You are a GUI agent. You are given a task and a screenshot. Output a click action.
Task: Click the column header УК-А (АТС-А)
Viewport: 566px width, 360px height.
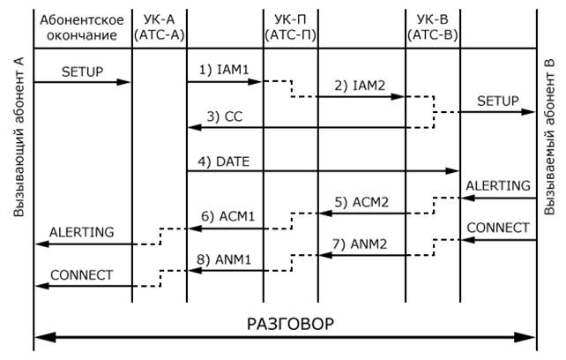[x=159, y=27]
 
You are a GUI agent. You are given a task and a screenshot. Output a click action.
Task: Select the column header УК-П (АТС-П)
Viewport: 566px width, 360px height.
[x=291, y=27]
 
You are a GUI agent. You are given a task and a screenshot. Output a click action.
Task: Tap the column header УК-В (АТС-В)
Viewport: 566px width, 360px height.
[x=433, y=27]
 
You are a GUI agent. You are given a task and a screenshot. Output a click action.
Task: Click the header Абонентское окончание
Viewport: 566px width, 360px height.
[x=82, y=27]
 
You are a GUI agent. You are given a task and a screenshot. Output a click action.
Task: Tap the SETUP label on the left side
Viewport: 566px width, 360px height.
[x=82, y=70]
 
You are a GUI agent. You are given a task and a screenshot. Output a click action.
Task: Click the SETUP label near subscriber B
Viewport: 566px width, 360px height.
[x=498, y=101]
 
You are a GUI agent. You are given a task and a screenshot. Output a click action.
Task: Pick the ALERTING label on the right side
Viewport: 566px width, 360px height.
[x=498, y=185]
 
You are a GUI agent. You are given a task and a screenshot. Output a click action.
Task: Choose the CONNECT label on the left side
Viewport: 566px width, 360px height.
[x=82, y=274]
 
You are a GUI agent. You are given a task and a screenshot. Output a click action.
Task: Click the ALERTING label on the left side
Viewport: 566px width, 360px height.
[x=82, y=232]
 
